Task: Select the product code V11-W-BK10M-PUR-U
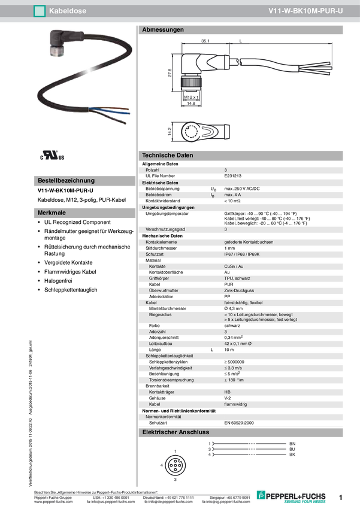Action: tap(305, 11)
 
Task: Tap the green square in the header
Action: tap(40, 11)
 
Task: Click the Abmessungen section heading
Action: tap(163, 29)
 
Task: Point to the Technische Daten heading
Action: tap(167, 156)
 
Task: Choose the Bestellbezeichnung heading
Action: tap(66, 180)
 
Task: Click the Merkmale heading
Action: tap(52, 213)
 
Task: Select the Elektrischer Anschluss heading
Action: tap(175, 432)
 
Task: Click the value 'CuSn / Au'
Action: tap(234, 266)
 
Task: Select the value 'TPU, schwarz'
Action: tap(237, 278)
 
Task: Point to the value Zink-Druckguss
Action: tap(239, 290)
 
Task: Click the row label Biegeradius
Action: tap(162, 314)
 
